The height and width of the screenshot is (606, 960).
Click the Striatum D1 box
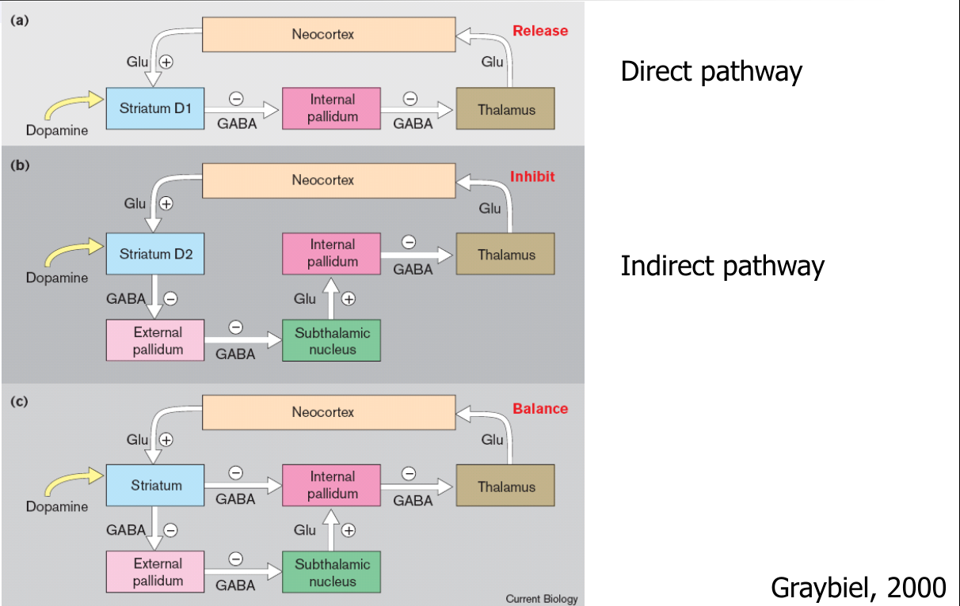[x=155, y=109]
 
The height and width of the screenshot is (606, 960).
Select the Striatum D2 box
[x=155, y=254]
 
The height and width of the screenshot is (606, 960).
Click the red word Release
[x=540, y=31]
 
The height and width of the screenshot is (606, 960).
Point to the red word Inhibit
[x=532, y=176]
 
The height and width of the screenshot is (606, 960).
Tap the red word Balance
[x=540, y=408]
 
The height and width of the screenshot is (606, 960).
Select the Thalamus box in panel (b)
[x=505, y=255]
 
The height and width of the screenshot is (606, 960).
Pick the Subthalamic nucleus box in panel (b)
[x=331, y=341]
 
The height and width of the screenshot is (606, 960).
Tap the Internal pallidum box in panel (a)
[x=332, y=108]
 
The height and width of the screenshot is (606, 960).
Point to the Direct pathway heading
[x=710, y=71]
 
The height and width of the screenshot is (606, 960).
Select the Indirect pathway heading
[x=722, y=266]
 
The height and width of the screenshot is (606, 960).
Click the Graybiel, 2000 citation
[x=858, y=587]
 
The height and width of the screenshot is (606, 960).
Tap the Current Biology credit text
[x=542, y=599]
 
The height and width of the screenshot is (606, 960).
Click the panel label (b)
[x=19, y=166]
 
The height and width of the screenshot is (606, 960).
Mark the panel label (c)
[x=19, y=400]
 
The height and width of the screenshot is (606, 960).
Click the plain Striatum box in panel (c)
[x=155, y=486]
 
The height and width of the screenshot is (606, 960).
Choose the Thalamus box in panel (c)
[x=505, y=487]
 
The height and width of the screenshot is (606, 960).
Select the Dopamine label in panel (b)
[x=57, y=278]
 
